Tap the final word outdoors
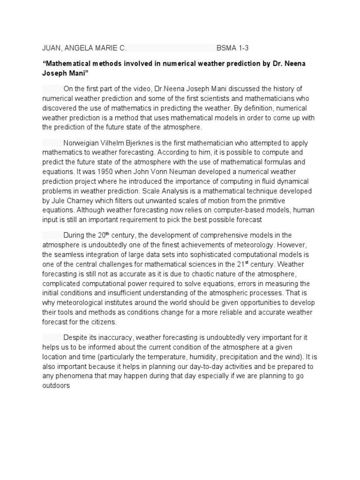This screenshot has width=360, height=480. (x=56, y=386)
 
